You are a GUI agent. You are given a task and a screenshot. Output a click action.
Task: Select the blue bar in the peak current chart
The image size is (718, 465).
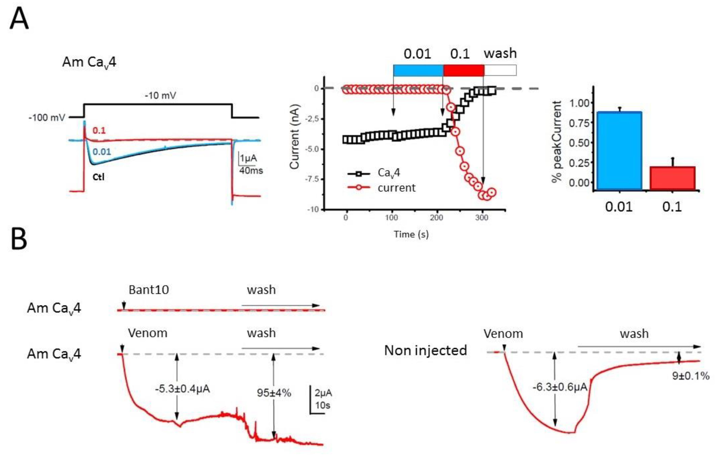point(619,151)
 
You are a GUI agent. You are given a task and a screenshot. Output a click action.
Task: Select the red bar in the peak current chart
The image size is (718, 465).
point(672,178)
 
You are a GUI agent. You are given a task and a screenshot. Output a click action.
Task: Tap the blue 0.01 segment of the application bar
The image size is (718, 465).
point(418,70)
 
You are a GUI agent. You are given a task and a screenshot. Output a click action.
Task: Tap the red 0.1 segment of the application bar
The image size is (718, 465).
point(464,70)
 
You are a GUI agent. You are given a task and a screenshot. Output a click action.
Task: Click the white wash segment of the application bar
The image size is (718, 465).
point(500,70)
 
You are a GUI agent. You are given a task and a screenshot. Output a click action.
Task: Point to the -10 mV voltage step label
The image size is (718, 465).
point(160,96)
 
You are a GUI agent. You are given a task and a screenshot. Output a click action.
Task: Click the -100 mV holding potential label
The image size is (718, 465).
point(47,117)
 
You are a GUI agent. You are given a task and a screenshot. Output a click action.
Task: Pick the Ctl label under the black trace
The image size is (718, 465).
point(98,177)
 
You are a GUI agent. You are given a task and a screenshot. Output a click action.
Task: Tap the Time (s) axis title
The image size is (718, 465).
point(411,234)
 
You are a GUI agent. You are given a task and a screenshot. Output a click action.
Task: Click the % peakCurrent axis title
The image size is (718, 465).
point(557,142)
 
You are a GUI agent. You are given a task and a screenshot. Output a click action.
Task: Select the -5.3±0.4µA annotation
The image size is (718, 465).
point(182,389)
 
